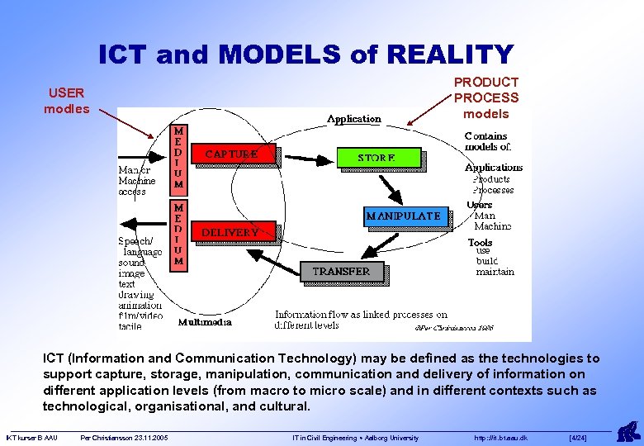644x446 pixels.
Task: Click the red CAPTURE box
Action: [232, 154]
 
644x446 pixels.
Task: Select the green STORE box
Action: [377, 157]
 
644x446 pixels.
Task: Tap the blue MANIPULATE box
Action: [404, 216]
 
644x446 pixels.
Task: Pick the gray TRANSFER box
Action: [341, 271]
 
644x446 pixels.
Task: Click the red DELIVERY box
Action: [230, 232]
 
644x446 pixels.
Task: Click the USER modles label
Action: [66, 101]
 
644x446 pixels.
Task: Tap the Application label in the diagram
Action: [354, 119]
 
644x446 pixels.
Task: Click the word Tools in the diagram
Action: [480, 242]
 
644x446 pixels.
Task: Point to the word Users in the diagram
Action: [479, 205]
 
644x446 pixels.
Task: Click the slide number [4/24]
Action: [578, 438]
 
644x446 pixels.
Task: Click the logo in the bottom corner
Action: [628, 431]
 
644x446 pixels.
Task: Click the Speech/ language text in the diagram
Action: [135, 246]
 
